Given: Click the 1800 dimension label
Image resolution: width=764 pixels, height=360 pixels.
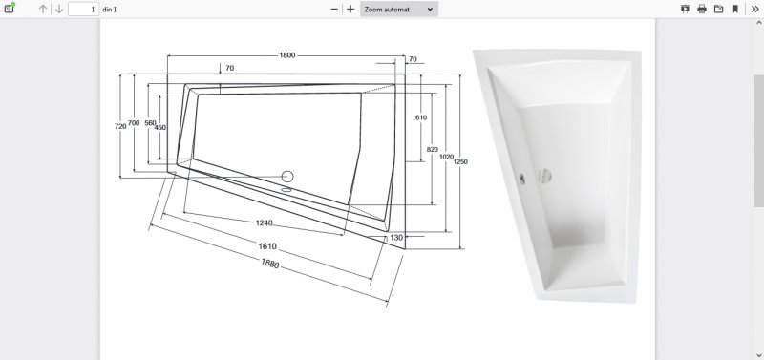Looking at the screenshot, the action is click(287, 55).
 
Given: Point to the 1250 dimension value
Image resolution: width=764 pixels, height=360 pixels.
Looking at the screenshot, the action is click(460, 161).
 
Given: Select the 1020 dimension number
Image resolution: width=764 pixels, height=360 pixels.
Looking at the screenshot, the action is click(446, 157).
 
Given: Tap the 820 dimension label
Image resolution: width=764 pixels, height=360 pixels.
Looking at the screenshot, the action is click(433, 150).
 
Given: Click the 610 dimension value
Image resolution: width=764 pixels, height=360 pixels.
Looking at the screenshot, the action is click(421, 117).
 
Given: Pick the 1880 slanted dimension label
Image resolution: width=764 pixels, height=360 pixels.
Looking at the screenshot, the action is click(270, 264).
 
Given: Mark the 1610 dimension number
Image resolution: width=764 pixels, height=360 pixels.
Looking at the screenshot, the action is click(267, 246).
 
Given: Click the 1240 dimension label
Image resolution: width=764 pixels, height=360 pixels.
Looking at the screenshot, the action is click(265, 223).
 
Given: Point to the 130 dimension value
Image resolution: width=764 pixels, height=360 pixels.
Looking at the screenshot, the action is click(396, 238).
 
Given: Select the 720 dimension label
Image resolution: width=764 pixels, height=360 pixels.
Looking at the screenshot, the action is click(120, 126).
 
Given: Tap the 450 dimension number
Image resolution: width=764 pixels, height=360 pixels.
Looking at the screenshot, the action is click(159, 128).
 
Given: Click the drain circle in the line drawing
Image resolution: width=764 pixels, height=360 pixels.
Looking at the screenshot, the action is click(287, 177).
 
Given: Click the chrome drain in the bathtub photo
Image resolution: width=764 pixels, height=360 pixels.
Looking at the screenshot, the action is click(543, 176).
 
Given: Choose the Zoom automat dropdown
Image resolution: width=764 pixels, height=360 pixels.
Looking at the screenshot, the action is click(399, 10).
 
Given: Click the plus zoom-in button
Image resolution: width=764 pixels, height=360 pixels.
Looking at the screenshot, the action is click(350, 10).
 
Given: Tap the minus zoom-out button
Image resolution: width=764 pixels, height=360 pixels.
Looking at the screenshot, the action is click(334, 10).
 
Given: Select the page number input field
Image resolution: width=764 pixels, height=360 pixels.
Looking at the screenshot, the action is click(84, 10).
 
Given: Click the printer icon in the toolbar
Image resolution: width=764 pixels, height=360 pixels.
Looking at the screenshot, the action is click(702, 10).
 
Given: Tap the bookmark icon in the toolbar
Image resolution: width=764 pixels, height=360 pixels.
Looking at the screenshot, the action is click(735, 10).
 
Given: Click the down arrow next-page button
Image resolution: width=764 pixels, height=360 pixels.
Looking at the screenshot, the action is click(59, 10).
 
